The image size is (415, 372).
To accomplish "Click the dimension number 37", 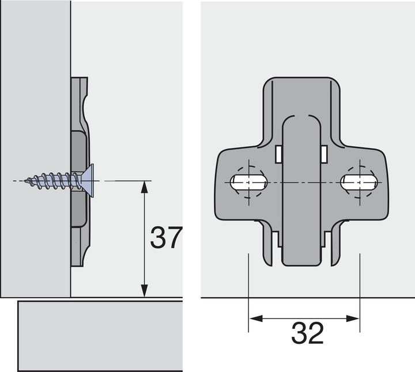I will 166,237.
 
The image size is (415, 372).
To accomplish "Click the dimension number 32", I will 307,333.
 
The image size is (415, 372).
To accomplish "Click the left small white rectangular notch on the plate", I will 278,153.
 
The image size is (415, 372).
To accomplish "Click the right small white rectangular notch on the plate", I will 324,153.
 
